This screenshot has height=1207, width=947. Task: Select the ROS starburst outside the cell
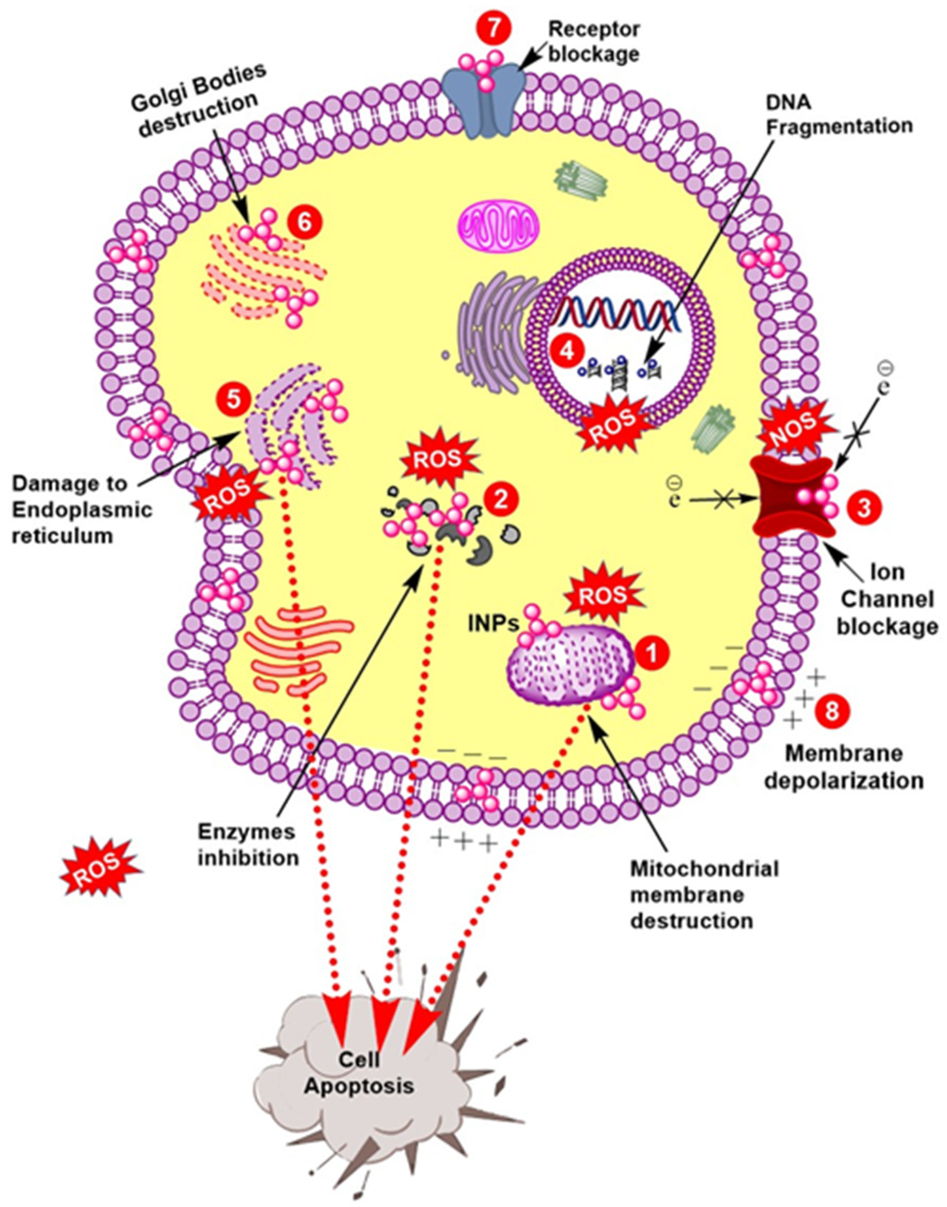99,868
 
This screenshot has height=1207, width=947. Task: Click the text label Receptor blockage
594,41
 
